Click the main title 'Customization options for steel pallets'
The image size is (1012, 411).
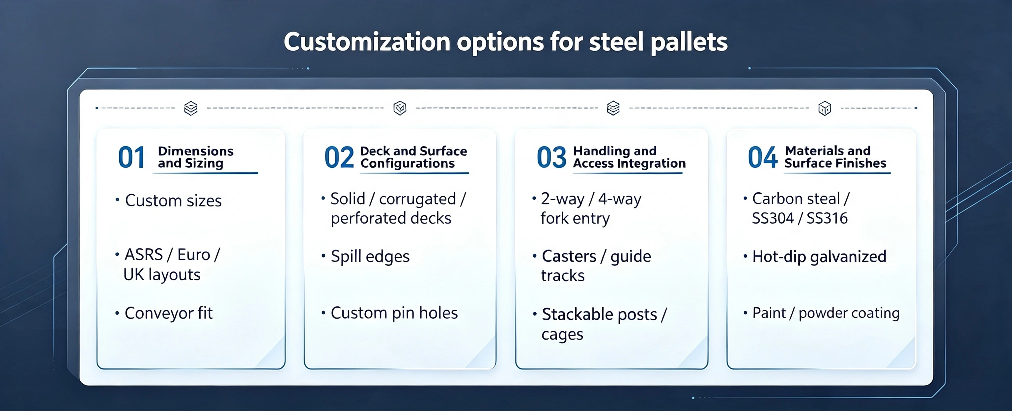pos(506,42)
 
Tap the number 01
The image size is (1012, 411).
pos(132,157)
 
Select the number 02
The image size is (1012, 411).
pos(339,157)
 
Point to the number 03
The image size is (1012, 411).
pos(551,157)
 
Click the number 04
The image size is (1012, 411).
pos(763,157)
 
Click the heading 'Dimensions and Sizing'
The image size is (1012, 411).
pos(196,157)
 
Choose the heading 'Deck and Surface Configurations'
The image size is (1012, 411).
pos(414,157)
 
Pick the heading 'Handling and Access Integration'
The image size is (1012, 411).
pos(629,157)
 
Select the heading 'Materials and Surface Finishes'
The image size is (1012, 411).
pos(836,157)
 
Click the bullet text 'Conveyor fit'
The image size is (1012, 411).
pos(169,313)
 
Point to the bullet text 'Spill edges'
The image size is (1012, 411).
pos(370,257)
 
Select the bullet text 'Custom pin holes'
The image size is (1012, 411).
pos(394,313)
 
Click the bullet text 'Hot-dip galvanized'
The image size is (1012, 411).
pos(819,257)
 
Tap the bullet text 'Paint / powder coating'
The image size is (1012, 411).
pos(826,313)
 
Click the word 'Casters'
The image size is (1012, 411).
pos(569,256)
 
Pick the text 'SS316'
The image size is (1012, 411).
pos(827,218)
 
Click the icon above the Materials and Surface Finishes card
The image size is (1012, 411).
pos(825,108)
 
